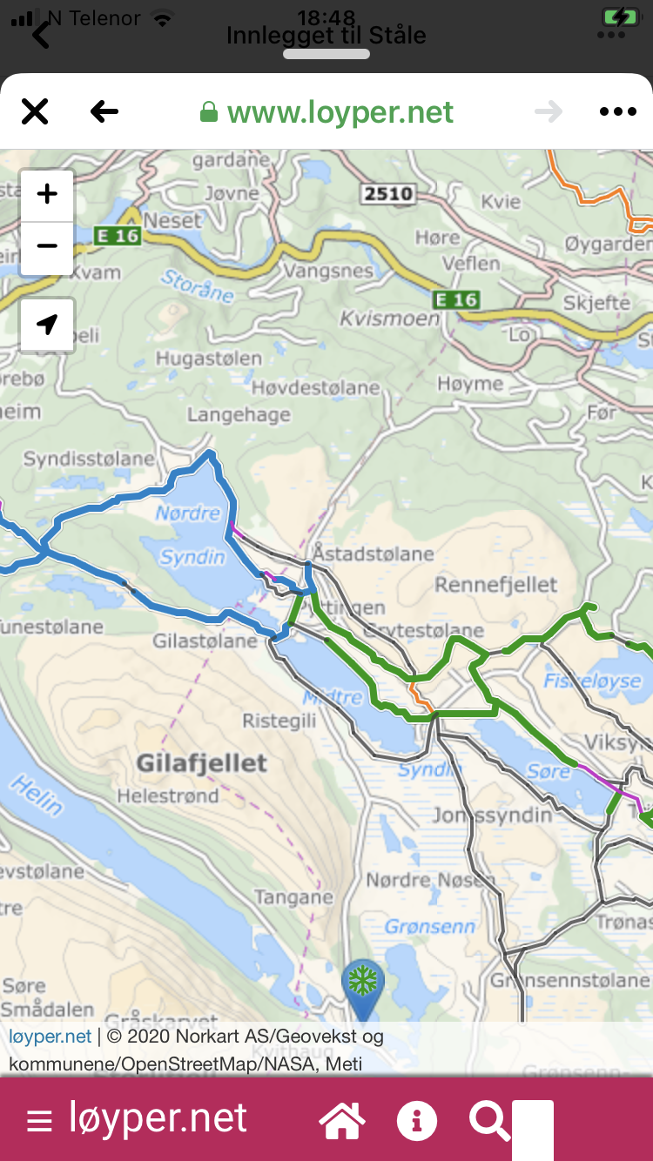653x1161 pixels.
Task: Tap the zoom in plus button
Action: click(47, 194)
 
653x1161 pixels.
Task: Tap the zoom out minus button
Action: click(47, 246)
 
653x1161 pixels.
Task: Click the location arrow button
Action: click(47, 325)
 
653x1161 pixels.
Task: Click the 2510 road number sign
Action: click(388, 193)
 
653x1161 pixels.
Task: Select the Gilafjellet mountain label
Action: click(201, 763)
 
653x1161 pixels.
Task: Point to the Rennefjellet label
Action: click(495, 584)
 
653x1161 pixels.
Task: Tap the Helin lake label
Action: click(37, 795)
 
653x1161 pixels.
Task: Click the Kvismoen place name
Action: click(389, 319)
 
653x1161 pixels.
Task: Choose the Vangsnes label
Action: click(328, 272)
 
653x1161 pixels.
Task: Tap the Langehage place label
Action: click(239, 415)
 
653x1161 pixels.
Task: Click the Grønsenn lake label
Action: click(430, 926)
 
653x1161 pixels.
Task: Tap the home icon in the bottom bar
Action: click(341, 1120)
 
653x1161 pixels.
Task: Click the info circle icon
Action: click(416, 1120)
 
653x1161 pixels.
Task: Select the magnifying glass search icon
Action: click(489, 1120)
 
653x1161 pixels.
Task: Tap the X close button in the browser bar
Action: click(35, 111)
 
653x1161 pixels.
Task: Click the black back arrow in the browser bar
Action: click(104, 111)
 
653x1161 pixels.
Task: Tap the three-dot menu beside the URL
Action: click(618, 111)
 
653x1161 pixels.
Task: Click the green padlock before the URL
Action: click(208, 112)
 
